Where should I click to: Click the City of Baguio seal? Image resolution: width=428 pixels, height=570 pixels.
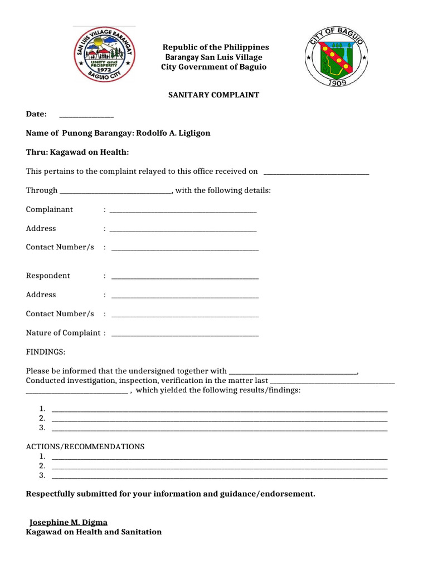336,57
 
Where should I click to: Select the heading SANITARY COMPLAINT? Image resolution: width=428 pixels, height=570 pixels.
213,95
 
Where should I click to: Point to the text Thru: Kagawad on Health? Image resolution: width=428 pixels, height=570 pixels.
77,153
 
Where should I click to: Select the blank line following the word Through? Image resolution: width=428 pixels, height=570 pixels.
115,191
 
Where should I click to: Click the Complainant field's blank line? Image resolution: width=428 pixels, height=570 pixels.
183,211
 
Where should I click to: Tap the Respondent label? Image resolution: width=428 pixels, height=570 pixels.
48,276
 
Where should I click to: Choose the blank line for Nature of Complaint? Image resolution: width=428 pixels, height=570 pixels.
185,335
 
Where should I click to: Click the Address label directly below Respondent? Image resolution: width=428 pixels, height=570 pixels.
41,295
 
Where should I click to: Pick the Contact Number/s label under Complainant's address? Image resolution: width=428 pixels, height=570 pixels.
60,247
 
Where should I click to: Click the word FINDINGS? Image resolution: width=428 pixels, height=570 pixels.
46,352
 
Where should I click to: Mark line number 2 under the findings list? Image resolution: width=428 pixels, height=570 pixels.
219,419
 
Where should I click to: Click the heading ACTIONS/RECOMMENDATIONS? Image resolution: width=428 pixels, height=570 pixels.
85,447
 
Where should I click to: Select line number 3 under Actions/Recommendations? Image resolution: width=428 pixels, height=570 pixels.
219,476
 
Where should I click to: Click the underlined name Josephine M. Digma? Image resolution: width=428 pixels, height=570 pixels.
68,523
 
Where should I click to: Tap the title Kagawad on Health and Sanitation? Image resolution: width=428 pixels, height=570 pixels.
94,532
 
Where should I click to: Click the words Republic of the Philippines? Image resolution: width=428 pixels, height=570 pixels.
215,47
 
